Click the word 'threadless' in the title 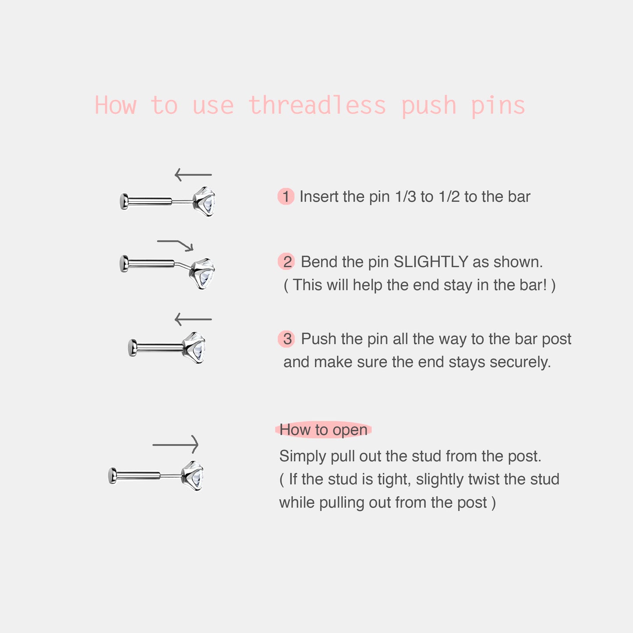coord(317,106)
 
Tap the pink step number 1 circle coord(286,197)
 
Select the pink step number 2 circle coord(287,262)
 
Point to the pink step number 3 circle coord(287,339)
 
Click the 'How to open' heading coord(323,430)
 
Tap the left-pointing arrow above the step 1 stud coord(193,175)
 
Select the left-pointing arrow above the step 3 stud coord(193,319)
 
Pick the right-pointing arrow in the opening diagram coord(175,445)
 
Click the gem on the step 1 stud coord(205,202)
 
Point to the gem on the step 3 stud coord(195,347)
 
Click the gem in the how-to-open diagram coord(194,475)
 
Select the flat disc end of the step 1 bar coord(124,202)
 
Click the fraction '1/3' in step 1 coord(405,197)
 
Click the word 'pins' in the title coord(498,106)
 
